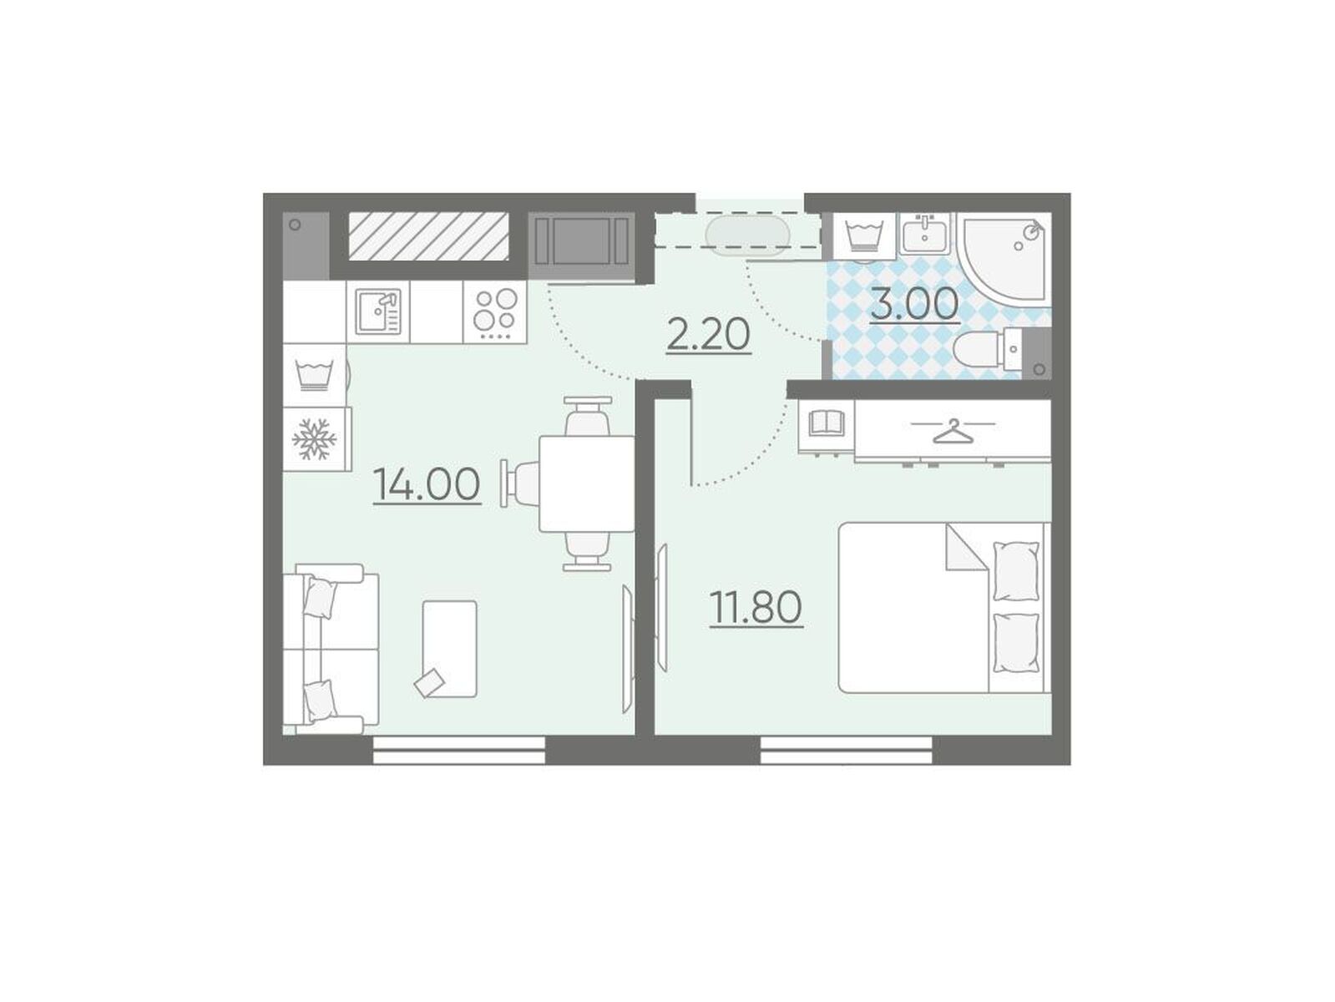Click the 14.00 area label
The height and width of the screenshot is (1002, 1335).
tap(427, 484)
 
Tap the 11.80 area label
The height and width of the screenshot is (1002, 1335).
tap(756, 607)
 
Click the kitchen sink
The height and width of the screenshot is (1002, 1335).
tap(377, 311)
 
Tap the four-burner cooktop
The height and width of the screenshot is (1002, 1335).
tap(494, 311)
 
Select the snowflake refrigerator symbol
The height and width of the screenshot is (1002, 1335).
tap(314, 439)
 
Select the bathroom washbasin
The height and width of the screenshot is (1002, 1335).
tap(924, 236)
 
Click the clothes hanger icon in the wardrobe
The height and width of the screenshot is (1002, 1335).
tap(953, 431)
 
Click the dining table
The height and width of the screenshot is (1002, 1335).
tap(587, 484)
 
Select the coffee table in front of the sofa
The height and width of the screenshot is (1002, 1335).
tap(449, 649)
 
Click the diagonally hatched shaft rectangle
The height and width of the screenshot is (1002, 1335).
tap(428, 236)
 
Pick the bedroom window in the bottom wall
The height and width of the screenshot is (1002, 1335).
tap(846, 751)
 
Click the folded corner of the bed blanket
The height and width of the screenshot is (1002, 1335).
tap(967, 547)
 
